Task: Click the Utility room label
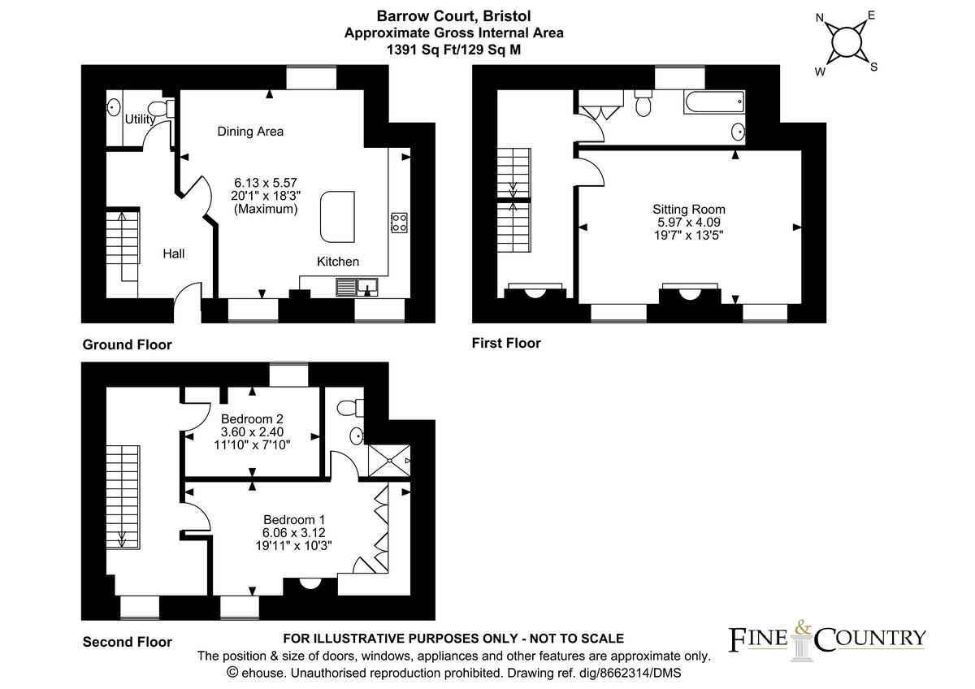point(141,119)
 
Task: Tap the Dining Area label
point(250,131)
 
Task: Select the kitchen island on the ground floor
point(338,216)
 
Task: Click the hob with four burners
point(399,223)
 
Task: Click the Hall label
point(173,253)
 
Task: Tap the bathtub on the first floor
point(713,102)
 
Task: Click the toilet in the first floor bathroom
point(643,104)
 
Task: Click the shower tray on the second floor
point(389,461)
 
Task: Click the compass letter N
point(820,16)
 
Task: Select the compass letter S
point(874,67)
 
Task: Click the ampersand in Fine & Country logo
point(802,626)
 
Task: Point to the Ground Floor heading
point(128,344)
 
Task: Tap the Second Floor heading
point(128,642)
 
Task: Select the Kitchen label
point(338,262)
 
